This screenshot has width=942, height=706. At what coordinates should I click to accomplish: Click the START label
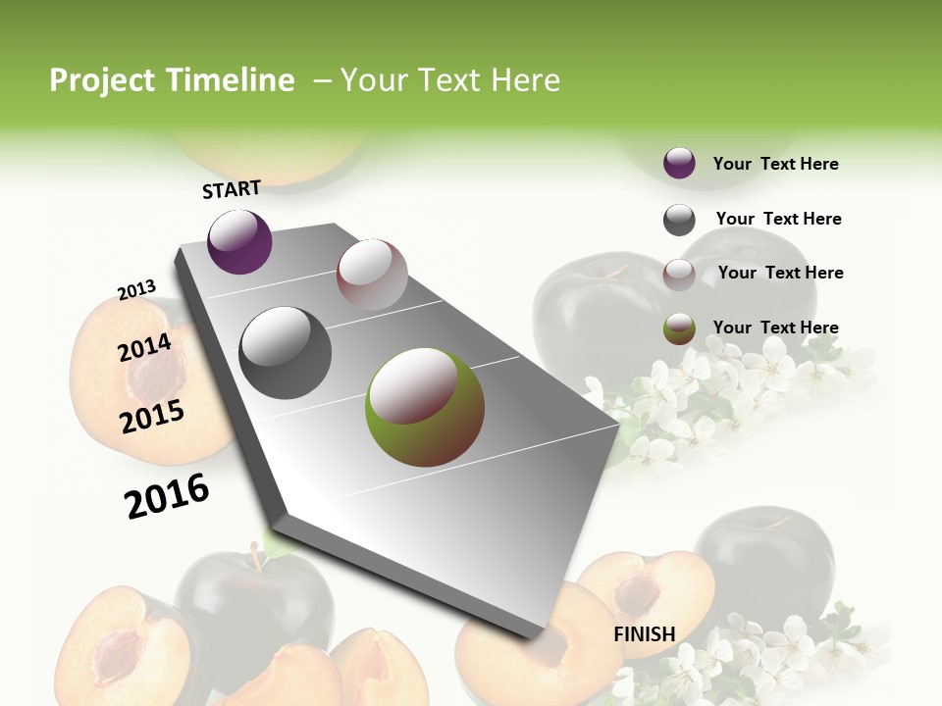tap(232, 189)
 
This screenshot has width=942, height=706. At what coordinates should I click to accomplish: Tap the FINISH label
tap(644, 634)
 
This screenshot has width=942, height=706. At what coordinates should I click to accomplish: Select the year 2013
tap(136, 290)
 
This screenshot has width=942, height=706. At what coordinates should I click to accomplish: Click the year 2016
tap(167, 496)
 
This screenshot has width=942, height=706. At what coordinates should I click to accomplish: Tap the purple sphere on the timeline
tap(239, 241)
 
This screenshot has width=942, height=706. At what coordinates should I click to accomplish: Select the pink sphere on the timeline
tap(372, 275)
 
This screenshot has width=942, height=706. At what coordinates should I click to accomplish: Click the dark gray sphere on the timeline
tap(286, 353)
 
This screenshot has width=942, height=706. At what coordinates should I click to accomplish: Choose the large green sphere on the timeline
tap(425, 406)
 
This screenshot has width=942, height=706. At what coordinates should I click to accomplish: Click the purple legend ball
tap(679, 163)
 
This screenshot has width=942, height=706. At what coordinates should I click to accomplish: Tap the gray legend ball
tap(679, 220)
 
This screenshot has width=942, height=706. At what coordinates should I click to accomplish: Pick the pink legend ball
tap(679, 275)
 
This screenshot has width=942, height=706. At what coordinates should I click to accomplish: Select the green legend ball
tap(679, 328)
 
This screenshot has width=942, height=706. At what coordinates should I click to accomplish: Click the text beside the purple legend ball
tap(775, 164)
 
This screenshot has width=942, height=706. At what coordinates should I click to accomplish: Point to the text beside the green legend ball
tap(775, 328)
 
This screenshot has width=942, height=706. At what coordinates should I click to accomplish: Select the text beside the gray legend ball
tap(778, 219)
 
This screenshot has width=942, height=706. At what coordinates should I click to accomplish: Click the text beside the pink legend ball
tap(780, 273)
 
